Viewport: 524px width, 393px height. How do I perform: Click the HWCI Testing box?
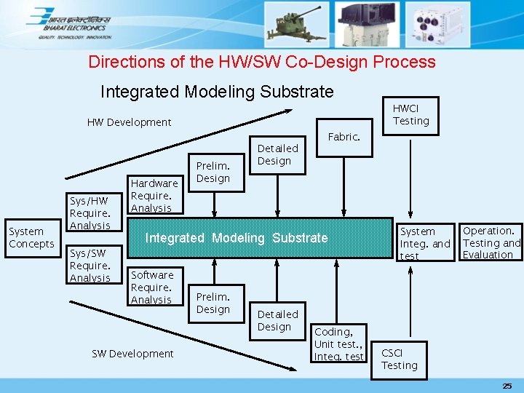[x=411, y=115]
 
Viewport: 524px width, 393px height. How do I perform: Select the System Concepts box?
[x=31, y=238]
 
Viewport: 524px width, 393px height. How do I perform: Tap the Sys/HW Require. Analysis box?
[x=90, y=213]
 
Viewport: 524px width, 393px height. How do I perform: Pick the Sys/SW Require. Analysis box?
[x=90, y=266]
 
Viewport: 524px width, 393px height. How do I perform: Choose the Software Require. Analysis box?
[x=152, y=287]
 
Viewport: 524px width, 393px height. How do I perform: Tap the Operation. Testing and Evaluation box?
[x=491, y=242]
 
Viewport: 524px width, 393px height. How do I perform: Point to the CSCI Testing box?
[x=400, y=359]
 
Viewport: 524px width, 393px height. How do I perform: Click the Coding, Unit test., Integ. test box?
[x=338, y=344]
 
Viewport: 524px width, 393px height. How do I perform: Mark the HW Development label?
[x=129, y=122]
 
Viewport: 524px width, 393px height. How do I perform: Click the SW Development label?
[x=132, y=354]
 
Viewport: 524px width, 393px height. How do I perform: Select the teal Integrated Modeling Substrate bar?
[x=237, y=238]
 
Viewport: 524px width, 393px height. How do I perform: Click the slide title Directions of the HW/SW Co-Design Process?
[x=262, y=62]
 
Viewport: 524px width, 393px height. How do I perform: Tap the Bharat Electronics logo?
[x=70, y=23]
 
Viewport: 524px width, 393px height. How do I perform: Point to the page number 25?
[x=507, y=384]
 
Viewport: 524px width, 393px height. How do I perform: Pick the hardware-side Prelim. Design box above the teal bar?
[x=213, y=172]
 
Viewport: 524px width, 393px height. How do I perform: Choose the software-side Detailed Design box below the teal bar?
[x=277, y=320]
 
